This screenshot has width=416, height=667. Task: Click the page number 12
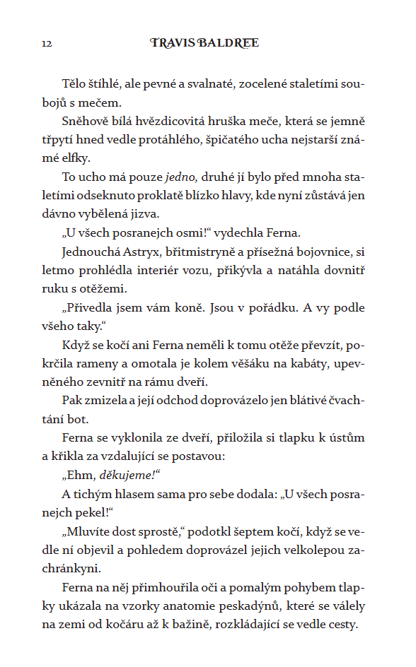click(x=47, y=44)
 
